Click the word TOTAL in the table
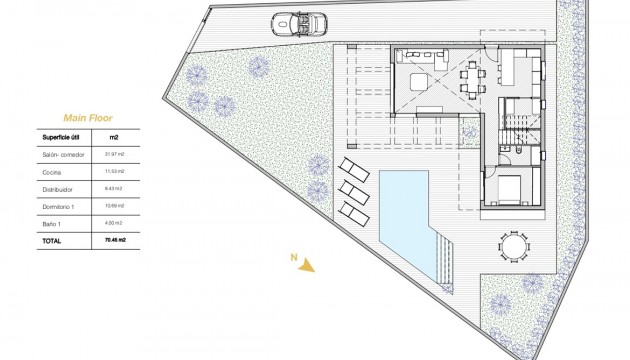(51, 241)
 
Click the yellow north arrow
(308, 265)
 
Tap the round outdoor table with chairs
(512, 245)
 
